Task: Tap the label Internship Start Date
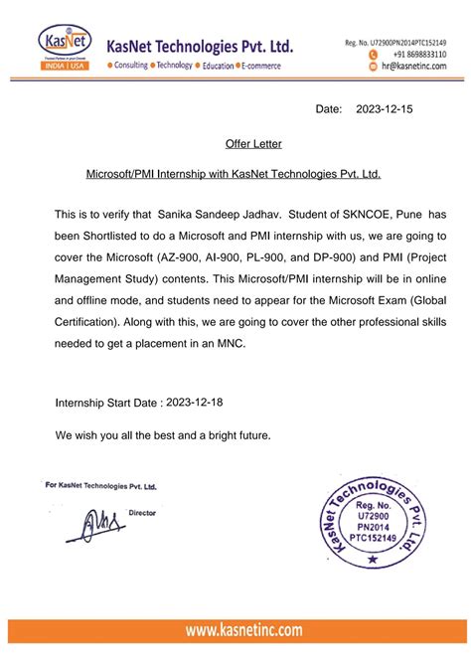point(108,404)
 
